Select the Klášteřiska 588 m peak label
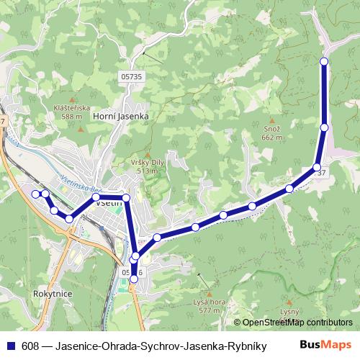point(71,112)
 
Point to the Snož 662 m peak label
point(271,132)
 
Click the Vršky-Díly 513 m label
point(147,166)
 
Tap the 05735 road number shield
point(130,75)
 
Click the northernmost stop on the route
point(324,62)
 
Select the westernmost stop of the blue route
point(36,193)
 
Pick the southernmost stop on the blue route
point(133,289)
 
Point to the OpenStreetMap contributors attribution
point(297,323)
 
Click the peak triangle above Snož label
point(271,121)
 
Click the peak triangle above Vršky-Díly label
point(148,155)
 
